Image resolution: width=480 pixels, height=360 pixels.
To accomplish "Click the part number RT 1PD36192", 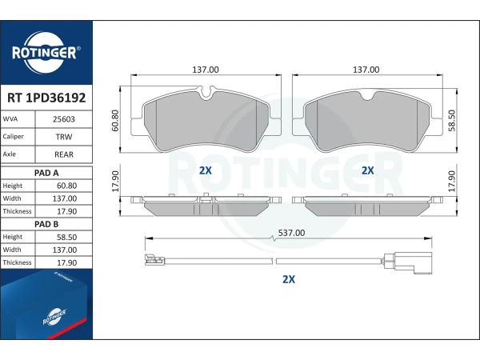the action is pos(46,98).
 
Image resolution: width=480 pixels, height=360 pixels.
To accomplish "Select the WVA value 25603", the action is pos(64,119).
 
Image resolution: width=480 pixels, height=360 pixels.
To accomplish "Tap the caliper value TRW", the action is pos(64,137).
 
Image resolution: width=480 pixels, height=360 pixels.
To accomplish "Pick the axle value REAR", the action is pos(64,154).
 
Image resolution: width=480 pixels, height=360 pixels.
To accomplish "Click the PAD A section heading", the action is pos(46,173).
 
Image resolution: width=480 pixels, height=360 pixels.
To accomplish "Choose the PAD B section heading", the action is pos(46,224).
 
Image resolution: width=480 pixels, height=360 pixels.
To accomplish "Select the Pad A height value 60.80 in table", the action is pos(66,186).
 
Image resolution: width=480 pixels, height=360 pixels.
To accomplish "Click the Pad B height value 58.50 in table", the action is pos(66,238).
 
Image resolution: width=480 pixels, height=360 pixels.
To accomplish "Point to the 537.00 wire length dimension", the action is pos(291,233).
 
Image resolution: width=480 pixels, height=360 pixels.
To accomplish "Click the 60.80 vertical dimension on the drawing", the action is pos(115,121).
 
